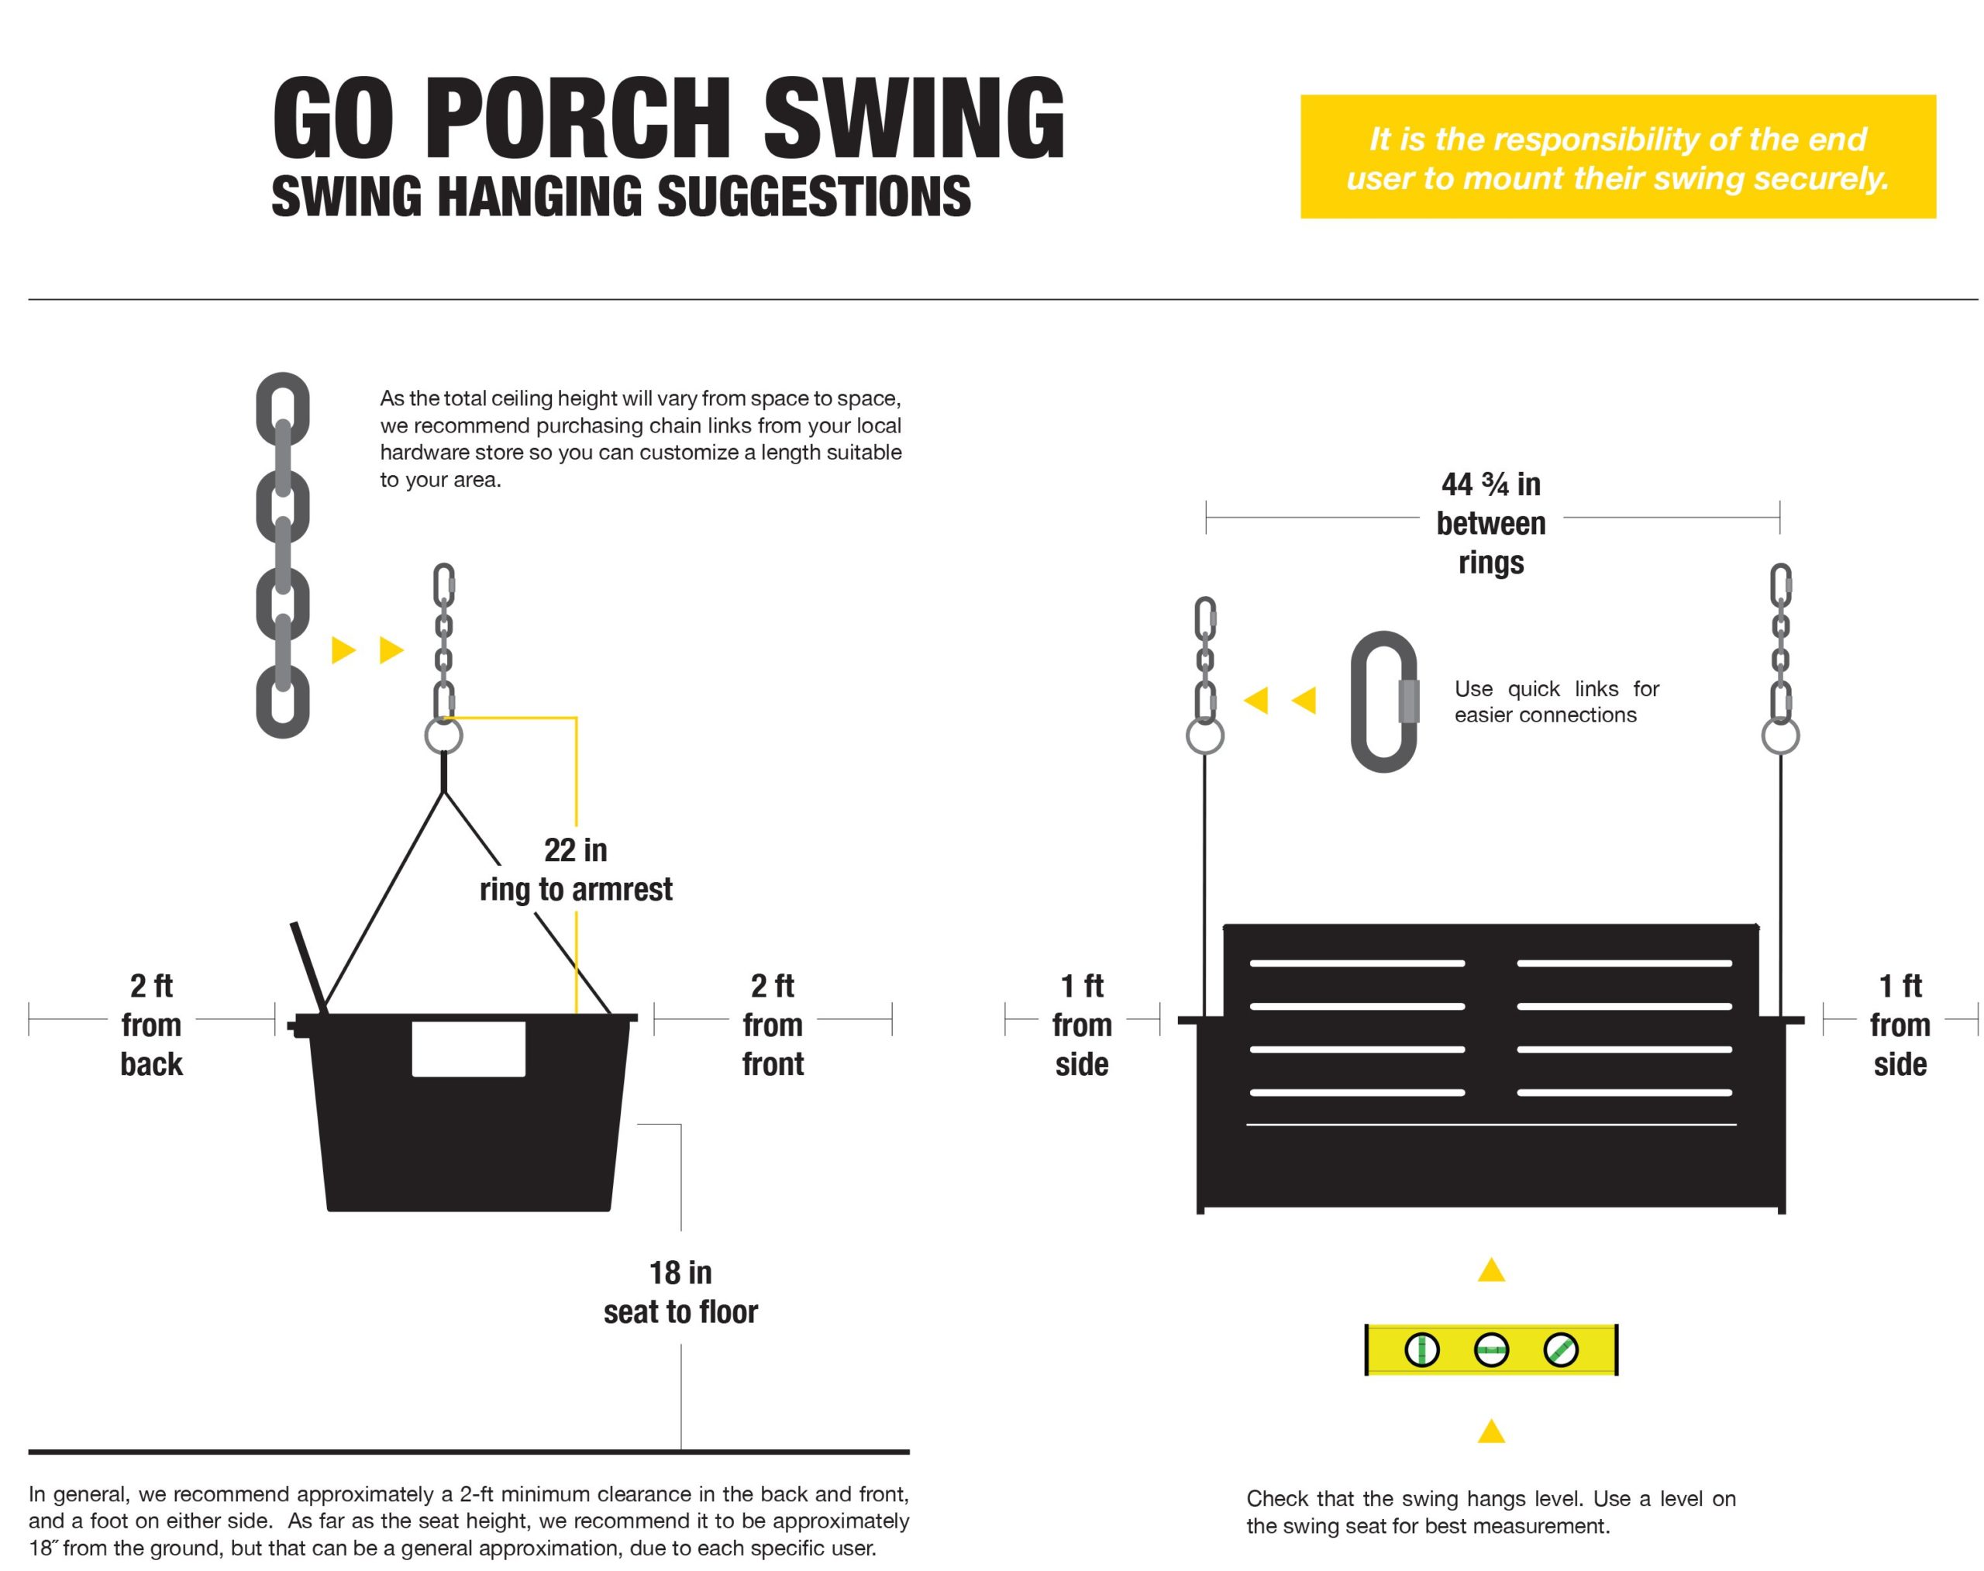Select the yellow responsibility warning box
1616,157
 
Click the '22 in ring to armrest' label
576,869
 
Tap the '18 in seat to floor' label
680,1291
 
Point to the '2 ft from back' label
151,1024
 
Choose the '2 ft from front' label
772,1024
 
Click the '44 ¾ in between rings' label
1490,522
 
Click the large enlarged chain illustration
281,555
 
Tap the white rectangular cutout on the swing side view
467,1049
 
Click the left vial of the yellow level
1421,1349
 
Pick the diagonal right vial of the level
1559,1349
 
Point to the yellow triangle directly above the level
1490,1271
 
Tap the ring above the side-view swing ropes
443,736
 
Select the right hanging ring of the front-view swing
1779,736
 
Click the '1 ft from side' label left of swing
1081,1024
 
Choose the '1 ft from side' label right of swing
1899,1024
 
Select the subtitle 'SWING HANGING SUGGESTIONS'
620,197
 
